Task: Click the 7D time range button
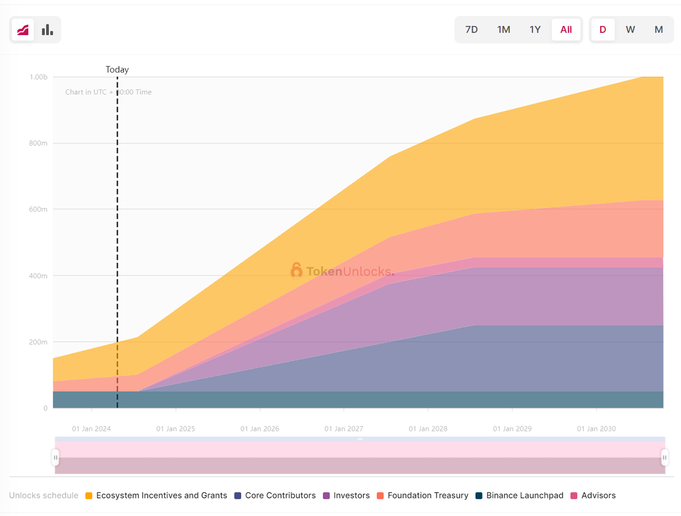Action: point(471,30)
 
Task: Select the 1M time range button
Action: point(503,30)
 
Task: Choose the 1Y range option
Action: point(535,30)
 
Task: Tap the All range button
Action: point(566,30)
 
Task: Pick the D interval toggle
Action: point(603,30)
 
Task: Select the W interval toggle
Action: point(630,30)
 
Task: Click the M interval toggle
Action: point(659,30)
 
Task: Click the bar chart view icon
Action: point(47,30)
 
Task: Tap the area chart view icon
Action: point(23,30)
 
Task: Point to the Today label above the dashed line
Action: point(117,70)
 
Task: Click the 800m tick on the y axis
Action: point(38,143)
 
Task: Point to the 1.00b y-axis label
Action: point(38,77)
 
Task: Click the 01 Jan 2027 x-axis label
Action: point(344,429)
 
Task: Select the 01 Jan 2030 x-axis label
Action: point(596,429)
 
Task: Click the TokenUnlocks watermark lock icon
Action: point(296,270)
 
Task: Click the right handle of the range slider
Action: point(665,457)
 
